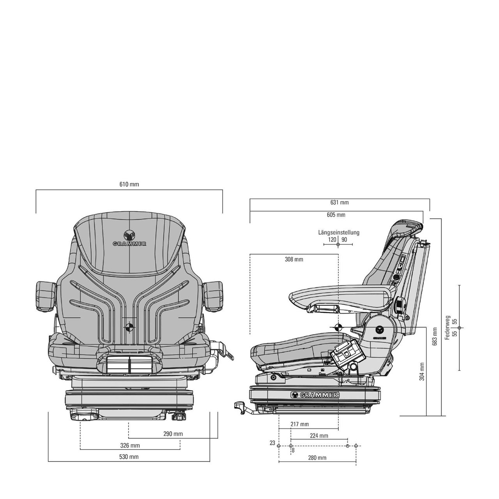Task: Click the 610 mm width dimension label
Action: [129, 184]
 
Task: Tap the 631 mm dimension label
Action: [339, 202]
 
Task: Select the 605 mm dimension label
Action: [336, 215]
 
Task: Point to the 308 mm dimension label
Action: [294, 259]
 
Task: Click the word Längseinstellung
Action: [339, 232]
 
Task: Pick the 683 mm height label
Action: [435, 336]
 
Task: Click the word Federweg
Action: [448, 327]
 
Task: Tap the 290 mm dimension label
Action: [173, 434]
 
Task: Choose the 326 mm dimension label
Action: [130, 446]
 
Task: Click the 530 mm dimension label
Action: [129, 457]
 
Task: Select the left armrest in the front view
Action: [45, 296]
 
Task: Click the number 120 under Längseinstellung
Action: [332, 239]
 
